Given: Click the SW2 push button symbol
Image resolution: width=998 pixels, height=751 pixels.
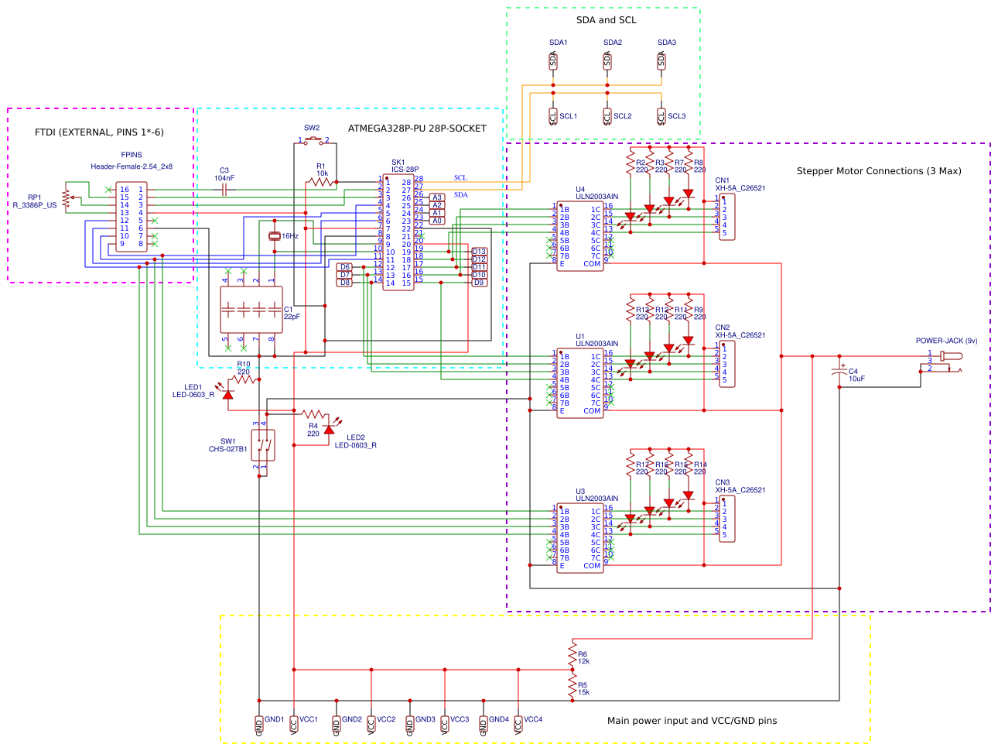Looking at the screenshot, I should point(313,140).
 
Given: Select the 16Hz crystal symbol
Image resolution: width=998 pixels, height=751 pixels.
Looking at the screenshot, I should point(273,236).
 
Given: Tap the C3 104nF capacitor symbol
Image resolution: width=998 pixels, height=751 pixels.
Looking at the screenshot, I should point(224,189).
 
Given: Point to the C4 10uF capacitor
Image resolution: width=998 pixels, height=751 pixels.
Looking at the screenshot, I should point(839,372).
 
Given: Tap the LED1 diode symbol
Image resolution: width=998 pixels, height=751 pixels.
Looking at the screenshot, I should point(227,394).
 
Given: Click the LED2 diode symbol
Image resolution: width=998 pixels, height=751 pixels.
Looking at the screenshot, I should point(329,429).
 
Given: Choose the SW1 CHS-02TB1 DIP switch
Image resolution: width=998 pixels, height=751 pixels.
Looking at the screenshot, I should point(263,445).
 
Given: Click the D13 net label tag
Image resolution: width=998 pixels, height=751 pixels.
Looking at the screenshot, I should point(480,252).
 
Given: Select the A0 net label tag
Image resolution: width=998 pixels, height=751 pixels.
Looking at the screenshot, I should point(437,221).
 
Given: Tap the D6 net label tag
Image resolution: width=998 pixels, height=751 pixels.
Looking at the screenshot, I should point(345,267).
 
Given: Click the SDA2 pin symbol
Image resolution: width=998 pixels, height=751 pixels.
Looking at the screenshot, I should point(607,60).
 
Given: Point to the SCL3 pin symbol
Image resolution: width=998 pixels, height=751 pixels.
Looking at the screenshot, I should point(661,116).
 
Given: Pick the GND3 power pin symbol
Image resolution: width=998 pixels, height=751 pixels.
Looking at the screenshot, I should point(410,725).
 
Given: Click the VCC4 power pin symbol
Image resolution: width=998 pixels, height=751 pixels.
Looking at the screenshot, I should point(518,725).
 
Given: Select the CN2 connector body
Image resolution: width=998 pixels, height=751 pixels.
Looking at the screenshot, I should point(727,364).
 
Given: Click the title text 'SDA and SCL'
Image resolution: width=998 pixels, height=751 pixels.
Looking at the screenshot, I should point(607,20).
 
